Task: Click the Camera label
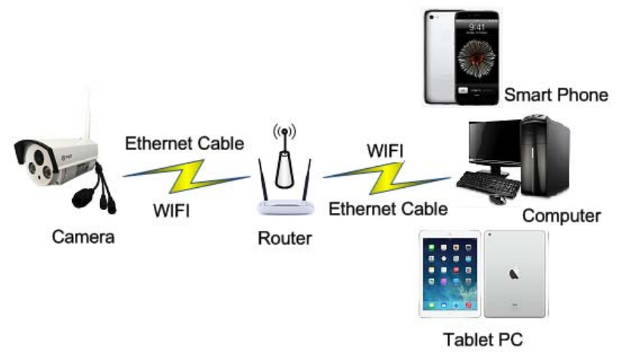point(83,237)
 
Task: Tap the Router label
point(284,239)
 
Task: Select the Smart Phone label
point(556,95)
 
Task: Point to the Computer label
point(562,216)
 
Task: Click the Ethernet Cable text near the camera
point(185,143)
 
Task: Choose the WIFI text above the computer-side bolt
point(384,149)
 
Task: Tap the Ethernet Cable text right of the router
point(387,207)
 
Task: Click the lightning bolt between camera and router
point(186,176)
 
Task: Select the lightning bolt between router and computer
point(386,178)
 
